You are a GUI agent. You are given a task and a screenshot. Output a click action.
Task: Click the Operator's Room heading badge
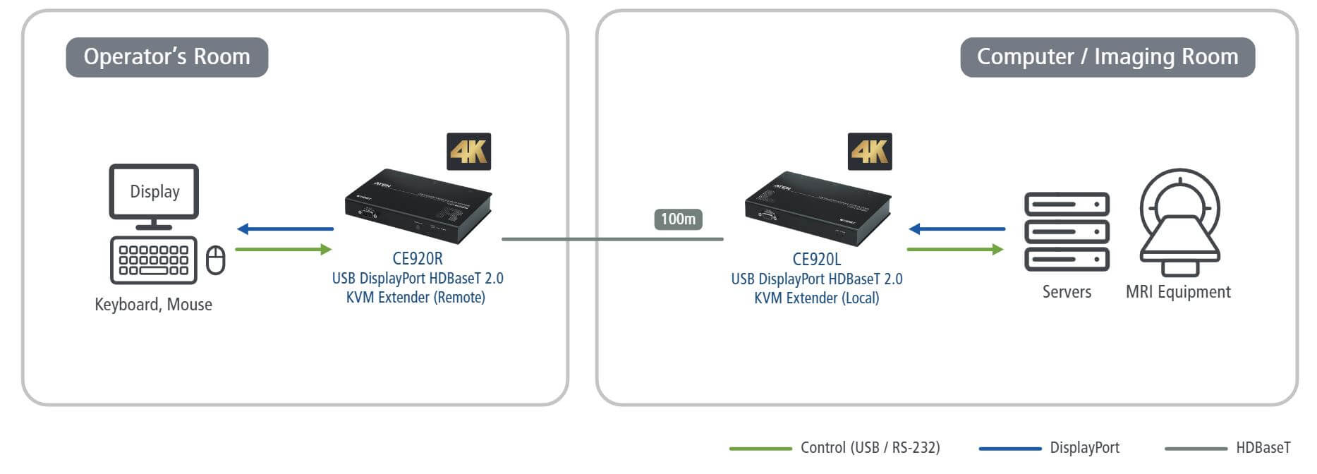166,57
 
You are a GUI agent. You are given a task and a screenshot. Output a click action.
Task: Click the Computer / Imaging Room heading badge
1107,57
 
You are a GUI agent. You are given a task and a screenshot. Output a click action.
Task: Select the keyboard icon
153,260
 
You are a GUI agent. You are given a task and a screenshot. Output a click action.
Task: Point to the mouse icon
215,260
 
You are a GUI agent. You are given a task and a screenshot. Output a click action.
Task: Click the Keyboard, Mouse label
153,305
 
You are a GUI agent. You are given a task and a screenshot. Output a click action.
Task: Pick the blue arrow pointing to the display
285,229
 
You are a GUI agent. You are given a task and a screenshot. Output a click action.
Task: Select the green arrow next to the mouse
283,249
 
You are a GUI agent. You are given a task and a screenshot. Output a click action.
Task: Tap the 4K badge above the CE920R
468,152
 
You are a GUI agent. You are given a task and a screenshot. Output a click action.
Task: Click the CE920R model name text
418,259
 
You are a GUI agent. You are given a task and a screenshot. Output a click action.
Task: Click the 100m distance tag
678,219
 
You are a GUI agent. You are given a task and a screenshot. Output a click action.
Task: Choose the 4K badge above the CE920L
869,152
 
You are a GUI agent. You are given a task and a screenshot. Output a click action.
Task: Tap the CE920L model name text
817,260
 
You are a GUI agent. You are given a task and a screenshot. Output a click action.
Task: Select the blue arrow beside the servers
957,229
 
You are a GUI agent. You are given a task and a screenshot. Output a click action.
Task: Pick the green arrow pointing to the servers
954,249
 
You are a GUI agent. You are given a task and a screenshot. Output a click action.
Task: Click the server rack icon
1067,231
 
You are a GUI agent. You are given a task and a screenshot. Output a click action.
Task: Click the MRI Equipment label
1178,292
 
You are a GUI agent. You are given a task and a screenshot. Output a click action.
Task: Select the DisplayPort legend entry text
1084,448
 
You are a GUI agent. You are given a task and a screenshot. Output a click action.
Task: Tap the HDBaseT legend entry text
1263,448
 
